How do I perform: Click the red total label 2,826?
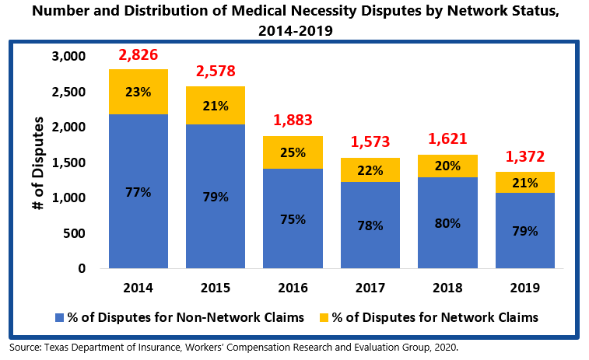(138, 56)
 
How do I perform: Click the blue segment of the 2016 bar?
(293, 218)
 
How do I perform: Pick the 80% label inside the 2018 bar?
(447, 223)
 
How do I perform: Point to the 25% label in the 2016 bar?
(293, 152)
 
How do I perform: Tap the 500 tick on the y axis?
(72, 233)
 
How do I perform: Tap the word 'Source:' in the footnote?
(25, 347)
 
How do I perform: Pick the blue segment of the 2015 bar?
(216, 197)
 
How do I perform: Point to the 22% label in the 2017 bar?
(370, 170)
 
